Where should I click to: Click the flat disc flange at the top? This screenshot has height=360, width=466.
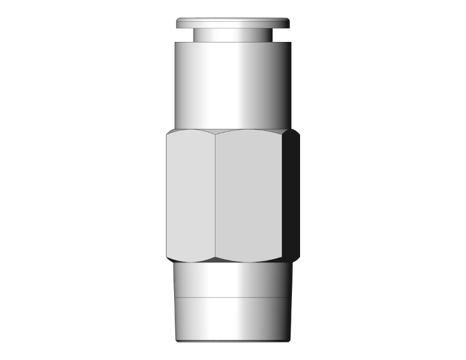[x=233, y=23]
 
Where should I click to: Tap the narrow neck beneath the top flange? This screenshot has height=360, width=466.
[x=233, y=35]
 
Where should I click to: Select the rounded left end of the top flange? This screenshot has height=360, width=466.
[x=178, y=24]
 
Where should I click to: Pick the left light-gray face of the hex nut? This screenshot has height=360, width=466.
[x=190, y=194]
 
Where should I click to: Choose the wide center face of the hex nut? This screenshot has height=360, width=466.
[x=249, y=194]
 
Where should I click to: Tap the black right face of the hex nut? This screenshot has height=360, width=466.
[x=293, y=194]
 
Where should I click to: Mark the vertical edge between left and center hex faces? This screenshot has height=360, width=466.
[x=214, y=194]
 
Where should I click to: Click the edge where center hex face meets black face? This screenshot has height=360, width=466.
[x=283, y=194]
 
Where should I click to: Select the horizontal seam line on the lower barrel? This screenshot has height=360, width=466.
[x=233, y=296]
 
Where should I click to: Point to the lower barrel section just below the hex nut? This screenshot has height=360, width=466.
[x=233, y=278]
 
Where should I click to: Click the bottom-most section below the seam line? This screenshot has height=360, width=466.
[x=233, y=316]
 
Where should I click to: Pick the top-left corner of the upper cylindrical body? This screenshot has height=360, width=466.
[x=175, y=41]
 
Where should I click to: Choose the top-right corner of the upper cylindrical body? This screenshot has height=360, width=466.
[x=291, y=41]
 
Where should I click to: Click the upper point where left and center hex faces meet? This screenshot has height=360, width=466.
[x=214, y=133]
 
